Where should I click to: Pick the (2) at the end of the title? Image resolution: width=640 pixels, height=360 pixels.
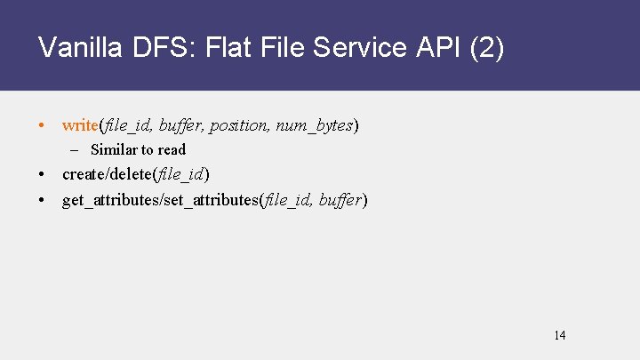point(487,47)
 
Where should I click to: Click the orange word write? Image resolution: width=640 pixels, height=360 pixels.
point(81,125)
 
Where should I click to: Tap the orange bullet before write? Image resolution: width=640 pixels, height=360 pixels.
point(44,125)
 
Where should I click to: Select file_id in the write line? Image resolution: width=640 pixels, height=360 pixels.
point(128,125)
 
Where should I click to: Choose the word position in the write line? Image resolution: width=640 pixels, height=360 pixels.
point(238,125)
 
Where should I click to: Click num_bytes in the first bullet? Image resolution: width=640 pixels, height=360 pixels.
point(315,125)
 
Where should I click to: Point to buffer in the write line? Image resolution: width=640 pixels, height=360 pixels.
point(181,125)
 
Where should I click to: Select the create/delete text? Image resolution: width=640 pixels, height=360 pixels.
point(107,173)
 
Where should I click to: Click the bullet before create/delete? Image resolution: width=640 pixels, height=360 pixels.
point(44,173)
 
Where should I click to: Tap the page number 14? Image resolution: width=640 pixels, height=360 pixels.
point(559,335)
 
